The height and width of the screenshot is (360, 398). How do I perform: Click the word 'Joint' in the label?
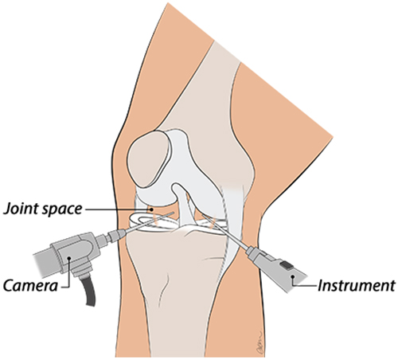(21, 209)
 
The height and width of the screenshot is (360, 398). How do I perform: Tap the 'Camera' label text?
(30, 286)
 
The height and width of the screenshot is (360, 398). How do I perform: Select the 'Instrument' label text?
(357, 286)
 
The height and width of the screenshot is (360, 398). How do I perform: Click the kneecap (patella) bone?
(149, 159)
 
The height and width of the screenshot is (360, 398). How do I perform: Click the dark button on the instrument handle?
(287, 264)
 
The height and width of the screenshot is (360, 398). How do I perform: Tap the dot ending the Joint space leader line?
(151, 209)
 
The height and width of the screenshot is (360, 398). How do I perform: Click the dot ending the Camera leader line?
(69, 257)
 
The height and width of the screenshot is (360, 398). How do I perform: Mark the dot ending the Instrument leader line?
(293, 277)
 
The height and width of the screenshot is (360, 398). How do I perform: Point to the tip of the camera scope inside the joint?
(173, 213)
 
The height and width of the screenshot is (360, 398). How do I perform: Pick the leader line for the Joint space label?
(118, 209)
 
